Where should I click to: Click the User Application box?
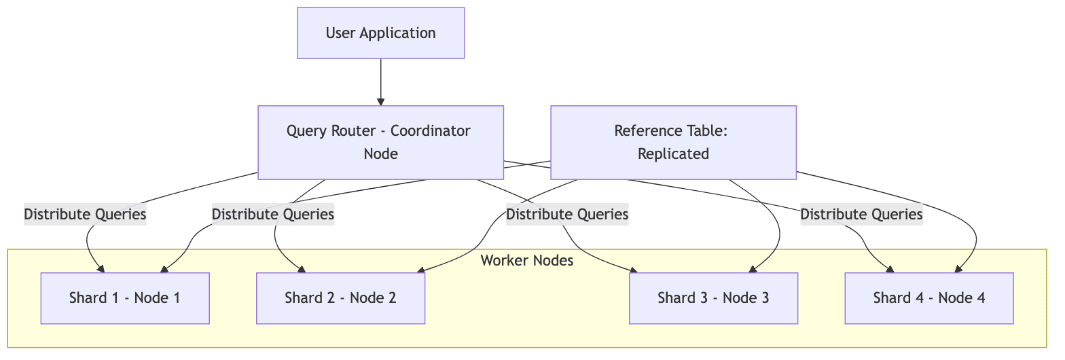[380, 33]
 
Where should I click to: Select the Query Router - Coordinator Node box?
[380, 142]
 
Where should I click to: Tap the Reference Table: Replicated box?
[672, 142]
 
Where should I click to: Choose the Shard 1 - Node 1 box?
[125, 298]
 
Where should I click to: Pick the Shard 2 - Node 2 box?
[340, 298]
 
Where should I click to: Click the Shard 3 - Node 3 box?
[713, 298]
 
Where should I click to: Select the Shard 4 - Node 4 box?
[928, 298]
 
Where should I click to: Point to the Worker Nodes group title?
[526, 261]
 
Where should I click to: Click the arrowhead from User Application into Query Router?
[380, 102]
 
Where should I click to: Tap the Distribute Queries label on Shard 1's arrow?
[85, 215]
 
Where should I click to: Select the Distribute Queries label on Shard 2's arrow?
[273, 215]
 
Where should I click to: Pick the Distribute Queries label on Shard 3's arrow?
[567, 215]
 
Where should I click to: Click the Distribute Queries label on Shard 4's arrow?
[861, 215]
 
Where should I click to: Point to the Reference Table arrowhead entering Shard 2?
[421, 270]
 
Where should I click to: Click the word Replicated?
[673, 154]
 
